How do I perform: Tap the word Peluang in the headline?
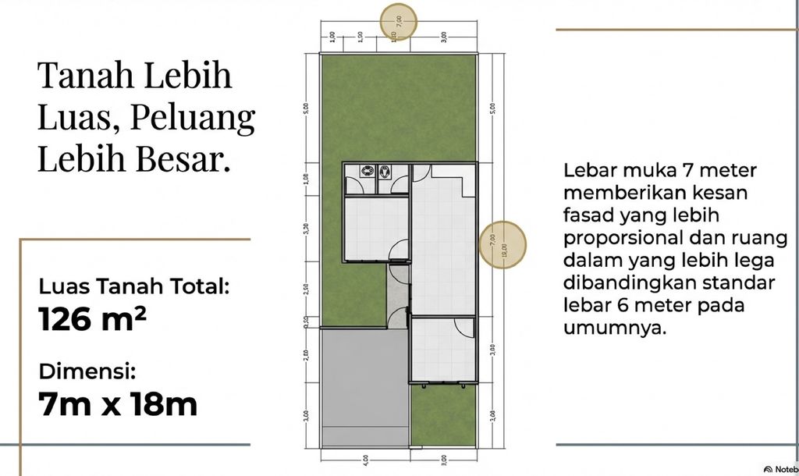pos(193,118)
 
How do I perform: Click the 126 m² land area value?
pos(92,319)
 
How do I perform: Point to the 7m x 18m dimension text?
pos(117,404)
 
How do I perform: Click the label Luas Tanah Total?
pos(134,286)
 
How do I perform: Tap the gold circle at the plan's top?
pos(398,21)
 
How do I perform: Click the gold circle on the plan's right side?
pos(502,243)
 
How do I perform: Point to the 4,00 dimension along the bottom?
pos(365,460)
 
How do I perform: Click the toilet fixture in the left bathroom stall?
pos(365,171)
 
